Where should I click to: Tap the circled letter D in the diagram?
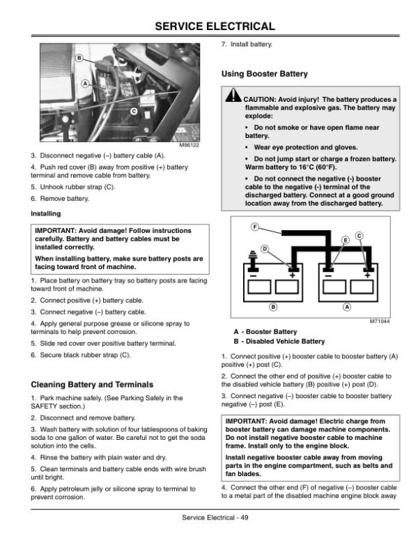pos(265,249)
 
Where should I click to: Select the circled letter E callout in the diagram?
pos(345,240)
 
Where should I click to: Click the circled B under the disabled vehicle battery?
pos(273,307)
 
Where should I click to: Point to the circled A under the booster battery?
pos(346,307)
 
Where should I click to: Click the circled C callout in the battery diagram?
pos(359,236)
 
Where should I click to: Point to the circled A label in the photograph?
pos(85,83)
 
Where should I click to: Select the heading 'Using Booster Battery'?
pos(264,73)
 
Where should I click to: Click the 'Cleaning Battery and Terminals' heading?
pos(93,384)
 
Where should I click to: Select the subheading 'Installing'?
pos(46,213)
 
